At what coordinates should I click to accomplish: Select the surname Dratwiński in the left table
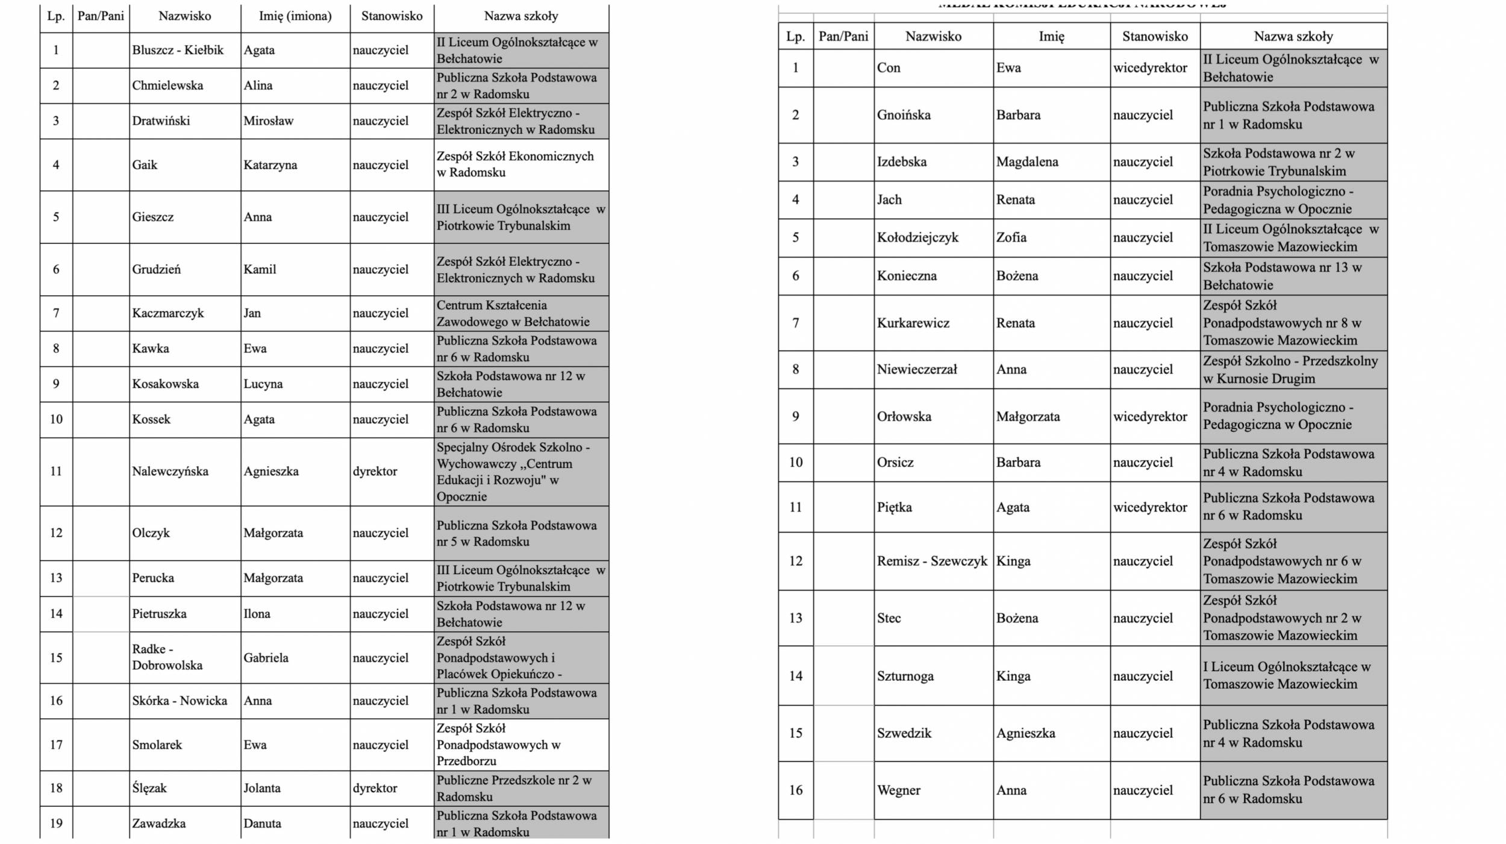coord(161,121)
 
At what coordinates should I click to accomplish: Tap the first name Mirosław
coord(268,121)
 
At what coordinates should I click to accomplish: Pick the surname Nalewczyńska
coord(170,471)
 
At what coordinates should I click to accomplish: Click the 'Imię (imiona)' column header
coord(295,16)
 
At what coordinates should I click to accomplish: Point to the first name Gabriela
coord(266,658)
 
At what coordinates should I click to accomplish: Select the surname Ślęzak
coord(149,788)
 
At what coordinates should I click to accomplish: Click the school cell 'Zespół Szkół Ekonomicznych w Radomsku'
coord(515,164)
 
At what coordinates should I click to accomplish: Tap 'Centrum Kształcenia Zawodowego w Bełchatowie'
coord(513,313)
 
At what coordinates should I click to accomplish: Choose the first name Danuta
coord(262,824)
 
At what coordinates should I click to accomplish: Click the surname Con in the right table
coord(889,67)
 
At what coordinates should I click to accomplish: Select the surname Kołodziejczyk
coord(917,237)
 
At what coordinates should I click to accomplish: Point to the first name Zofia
coord(1011,237)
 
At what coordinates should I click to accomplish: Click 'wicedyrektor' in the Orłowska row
coord(1150,416)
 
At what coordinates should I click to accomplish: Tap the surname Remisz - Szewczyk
coord(932,561)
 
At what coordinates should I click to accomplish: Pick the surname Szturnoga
coord(905,676)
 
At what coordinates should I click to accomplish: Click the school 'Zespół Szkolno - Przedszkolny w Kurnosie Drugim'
coord(1290,370)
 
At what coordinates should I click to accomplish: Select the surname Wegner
coord(898,790)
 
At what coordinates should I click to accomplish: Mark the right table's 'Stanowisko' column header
coord(1155,36)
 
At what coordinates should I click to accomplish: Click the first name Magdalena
coord(1026,161)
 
